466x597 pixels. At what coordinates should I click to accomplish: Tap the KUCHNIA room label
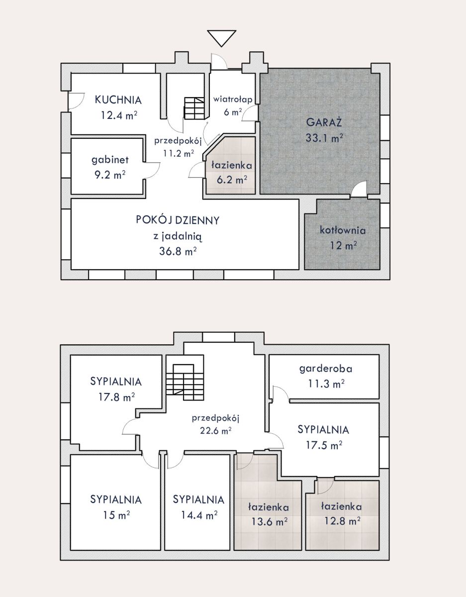coord(118,100)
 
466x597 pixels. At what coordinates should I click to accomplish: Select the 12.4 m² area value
coord(119,115)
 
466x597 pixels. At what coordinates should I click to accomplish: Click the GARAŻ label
coord(324,122)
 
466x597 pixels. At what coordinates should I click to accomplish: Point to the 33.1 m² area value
coord(324,138)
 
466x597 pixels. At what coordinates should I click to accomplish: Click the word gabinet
coord(110,160)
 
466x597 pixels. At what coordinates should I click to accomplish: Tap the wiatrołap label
coord(233,99)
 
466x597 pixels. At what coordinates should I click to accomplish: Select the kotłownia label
coord(343,230)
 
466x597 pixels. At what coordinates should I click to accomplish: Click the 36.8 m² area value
coord(178,251)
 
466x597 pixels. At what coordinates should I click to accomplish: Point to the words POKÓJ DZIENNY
coord(178,220)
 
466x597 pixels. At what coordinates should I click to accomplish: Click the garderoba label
coord(326,369)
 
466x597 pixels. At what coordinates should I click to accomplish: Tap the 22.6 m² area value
coord(215,430)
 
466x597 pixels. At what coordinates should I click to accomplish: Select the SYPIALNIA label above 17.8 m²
coord(116,382)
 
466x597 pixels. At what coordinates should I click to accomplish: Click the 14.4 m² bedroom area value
coord(199,515)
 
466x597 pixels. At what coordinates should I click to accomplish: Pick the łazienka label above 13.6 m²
coord(268,507)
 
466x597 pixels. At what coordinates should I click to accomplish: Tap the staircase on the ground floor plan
coord(194,108)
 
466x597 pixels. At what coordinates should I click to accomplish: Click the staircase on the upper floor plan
coord(185,382)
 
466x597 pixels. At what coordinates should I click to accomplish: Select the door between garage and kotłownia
coord(359,189)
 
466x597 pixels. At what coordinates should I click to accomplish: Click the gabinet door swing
coord(152,170)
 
